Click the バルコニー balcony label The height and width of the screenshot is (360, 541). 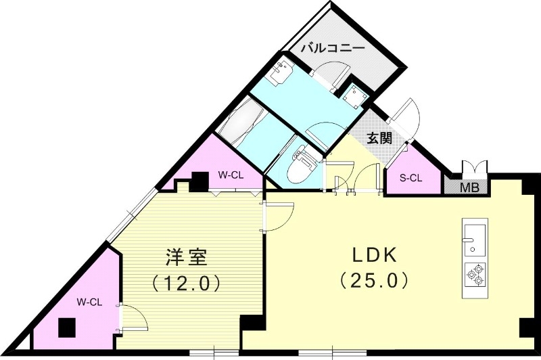(x=332, y=49)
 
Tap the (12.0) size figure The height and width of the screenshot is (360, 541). (x=187, y=281)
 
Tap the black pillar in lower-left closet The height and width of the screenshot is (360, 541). (x=66, y=328)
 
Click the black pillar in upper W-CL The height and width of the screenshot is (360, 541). (x=199, y=181)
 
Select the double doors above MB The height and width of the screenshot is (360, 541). (x=471, y=168)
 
